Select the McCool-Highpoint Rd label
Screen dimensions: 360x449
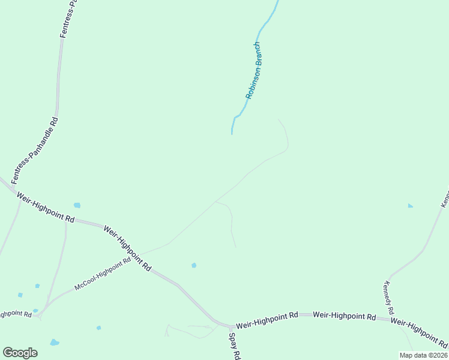pyautogui.click(x=102, y=274)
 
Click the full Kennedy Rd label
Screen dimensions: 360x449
pyautogui.click(x=389, y=298)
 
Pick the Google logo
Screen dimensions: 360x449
pyautogui.click(x=20, y=352)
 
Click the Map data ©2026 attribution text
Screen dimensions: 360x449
pyautogui.click(x=423, y=355)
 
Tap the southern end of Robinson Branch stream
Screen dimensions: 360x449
pyautogui.click(x=232, y=133)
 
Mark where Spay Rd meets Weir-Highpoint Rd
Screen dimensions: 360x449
pyautogui.click(x=231, y=327)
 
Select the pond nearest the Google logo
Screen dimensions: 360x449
pyautogui.click(x=54, y=343)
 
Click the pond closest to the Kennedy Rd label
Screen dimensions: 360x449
pyautogui.click(x=410, y=206)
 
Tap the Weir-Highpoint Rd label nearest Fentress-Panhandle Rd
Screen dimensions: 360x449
pyautogui.click(x=46, y=208)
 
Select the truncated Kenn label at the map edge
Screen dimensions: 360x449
pyautogui.click(x=445, y=199)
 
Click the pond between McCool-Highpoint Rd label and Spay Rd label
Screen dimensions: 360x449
pyautogui.click(x=193, y=265)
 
